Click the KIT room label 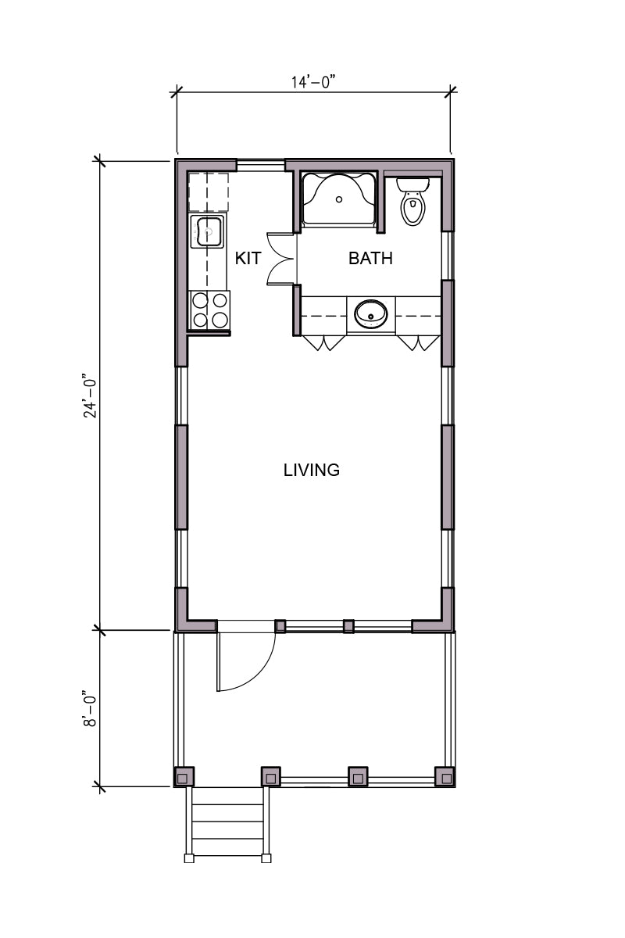click(248, 259)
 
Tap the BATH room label click(370, 259)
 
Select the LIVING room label click(312, 471)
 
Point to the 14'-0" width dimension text click(314, 82)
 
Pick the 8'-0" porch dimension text click(90, 708)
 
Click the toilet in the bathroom click(412, 201)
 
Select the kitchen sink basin click(209, 231)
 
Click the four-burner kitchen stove click(209, 310)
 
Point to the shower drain click(340, 199)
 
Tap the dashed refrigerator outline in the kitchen click(208, 192)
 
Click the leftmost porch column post click(184, 777)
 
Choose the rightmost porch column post click(445, 777)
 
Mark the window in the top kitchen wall click(261, 165)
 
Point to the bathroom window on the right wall click(448, 256)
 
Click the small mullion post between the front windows click(348, 626)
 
